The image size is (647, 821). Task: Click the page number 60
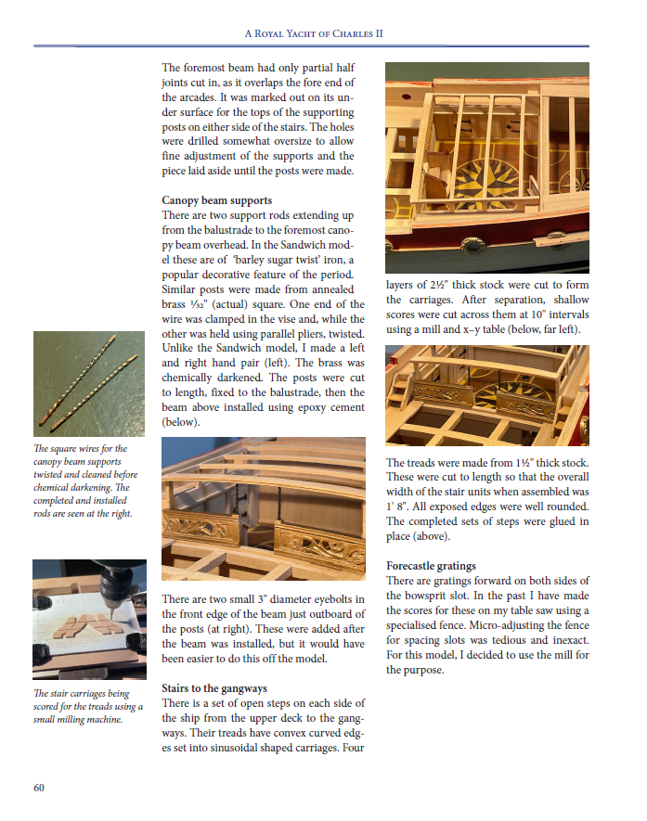[39, 788]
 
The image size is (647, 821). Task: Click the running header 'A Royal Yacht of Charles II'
[314, 34]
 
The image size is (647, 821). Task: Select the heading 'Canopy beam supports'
[216, 199]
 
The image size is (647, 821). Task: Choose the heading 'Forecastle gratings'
[431, 565]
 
